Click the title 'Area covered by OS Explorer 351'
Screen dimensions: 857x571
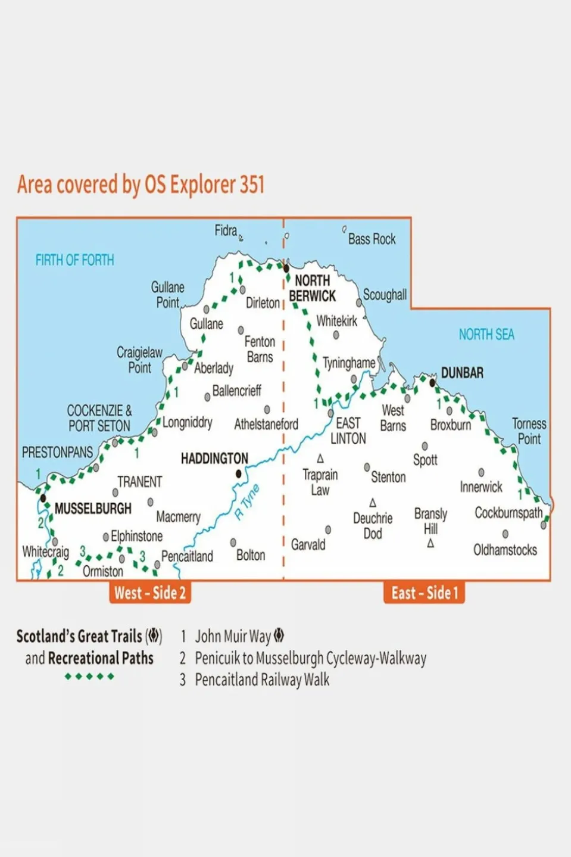pos(141,185)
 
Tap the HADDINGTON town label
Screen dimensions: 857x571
pos(214,459)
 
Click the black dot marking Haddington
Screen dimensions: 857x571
pos(239,474)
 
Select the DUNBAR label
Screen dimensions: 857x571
pos(462,373)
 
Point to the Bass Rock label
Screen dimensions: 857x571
pos(372,239)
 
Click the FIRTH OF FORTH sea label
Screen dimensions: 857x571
pos(74,260)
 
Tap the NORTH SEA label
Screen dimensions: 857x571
pos(486,335)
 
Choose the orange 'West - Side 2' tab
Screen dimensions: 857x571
pos(150,593)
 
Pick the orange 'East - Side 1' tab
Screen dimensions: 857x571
pos(425,593)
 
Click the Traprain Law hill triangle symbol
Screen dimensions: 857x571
pos(320,459)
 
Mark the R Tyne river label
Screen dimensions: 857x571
pos(247,502)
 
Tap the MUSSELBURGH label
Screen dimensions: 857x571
pos(93,509)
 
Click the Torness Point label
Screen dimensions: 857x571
pos(529,431)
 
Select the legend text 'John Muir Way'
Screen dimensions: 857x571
pos(233,637)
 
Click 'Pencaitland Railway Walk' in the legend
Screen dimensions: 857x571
pos(262,680)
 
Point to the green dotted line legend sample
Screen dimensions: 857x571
pos(89,677)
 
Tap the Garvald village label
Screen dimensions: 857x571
pos(308,544)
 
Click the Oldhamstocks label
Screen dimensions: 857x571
pos(505,550)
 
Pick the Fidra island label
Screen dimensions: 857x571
pos(226,230)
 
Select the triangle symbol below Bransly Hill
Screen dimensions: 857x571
pos(430,543)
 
